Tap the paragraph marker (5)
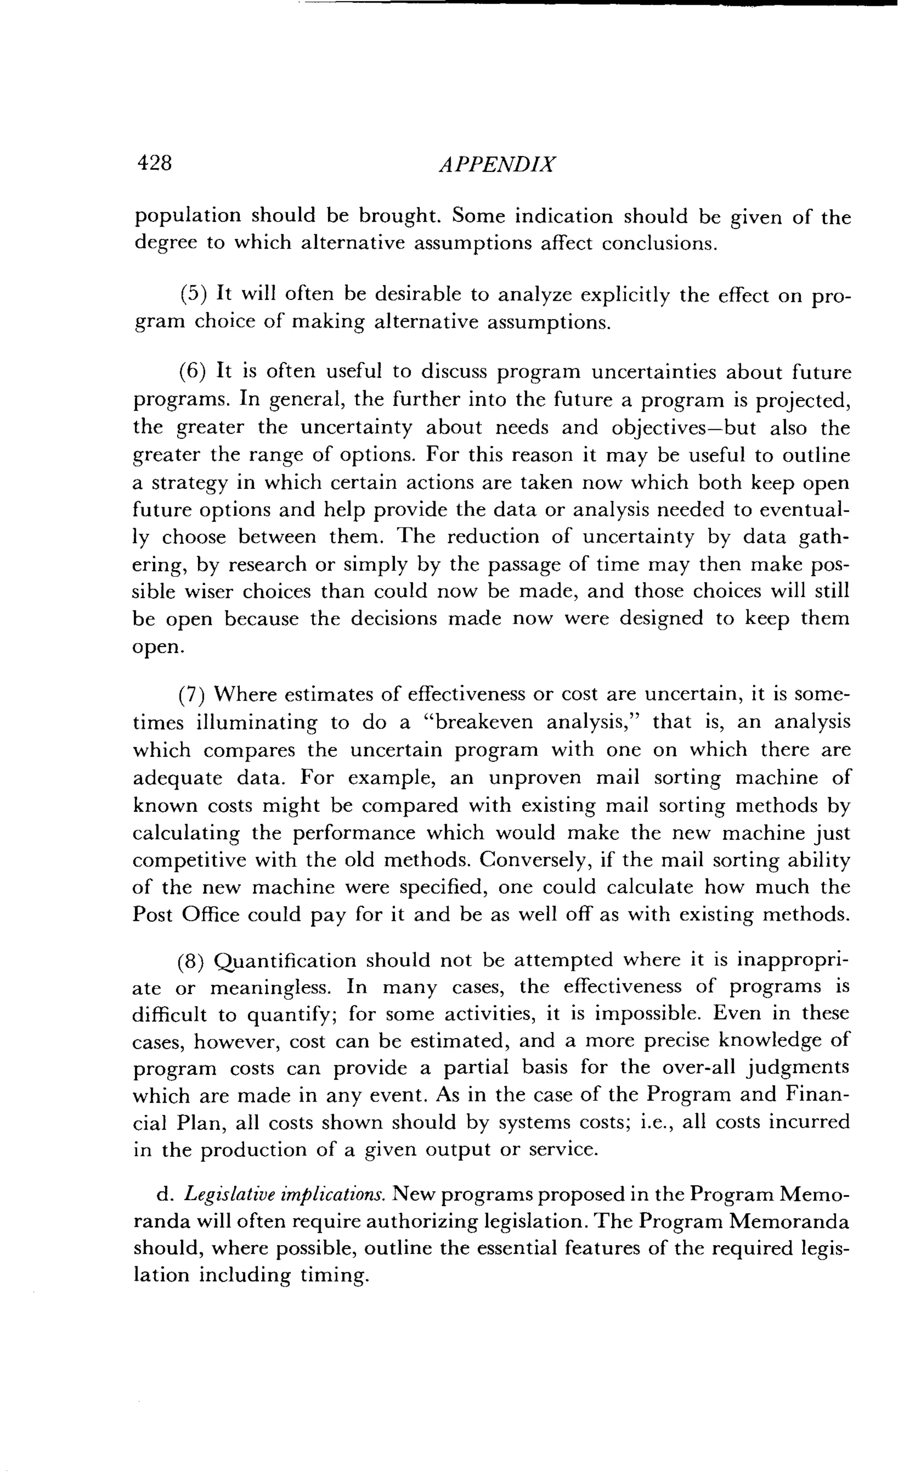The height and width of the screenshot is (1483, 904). (x=194, y=294)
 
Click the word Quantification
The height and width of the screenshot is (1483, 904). (x=285, y=960)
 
